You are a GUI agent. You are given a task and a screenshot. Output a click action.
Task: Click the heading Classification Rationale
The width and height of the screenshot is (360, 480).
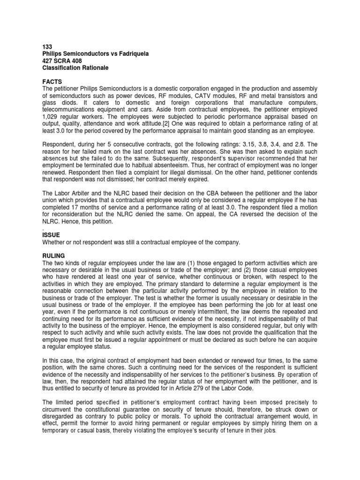[75, 68]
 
